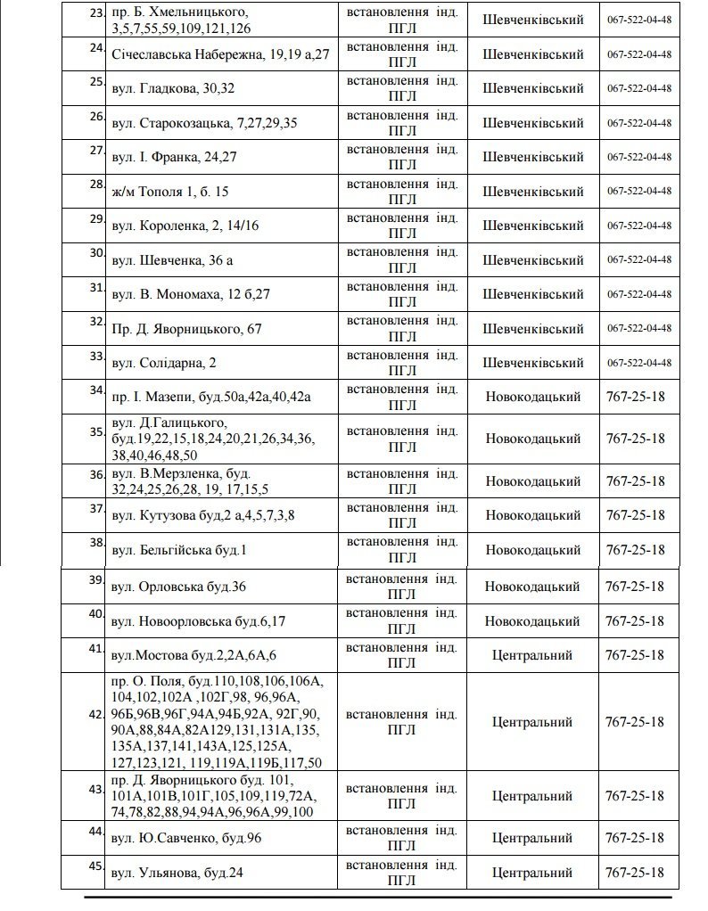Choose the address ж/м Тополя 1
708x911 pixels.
click(171, 192)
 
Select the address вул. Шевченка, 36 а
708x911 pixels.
click(171, 260)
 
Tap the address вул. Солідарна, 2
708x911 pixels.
click(165, 363)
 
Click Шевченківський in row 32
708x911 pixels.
click(532, 328)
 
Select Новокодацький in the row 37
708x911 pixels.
click(532, 515)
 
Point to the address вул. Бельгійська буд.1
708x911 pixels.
click(179, 550)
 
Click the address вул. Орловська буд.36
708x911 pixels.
click(179, 587)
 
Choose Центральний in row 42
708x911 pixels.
click(532, 722)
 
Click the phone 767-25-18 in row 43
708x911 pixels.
click(635, 795)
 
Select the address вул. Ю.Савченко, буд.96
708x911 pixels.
click(186, 838)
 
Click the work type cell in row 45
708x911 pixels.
click(401, 873)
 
